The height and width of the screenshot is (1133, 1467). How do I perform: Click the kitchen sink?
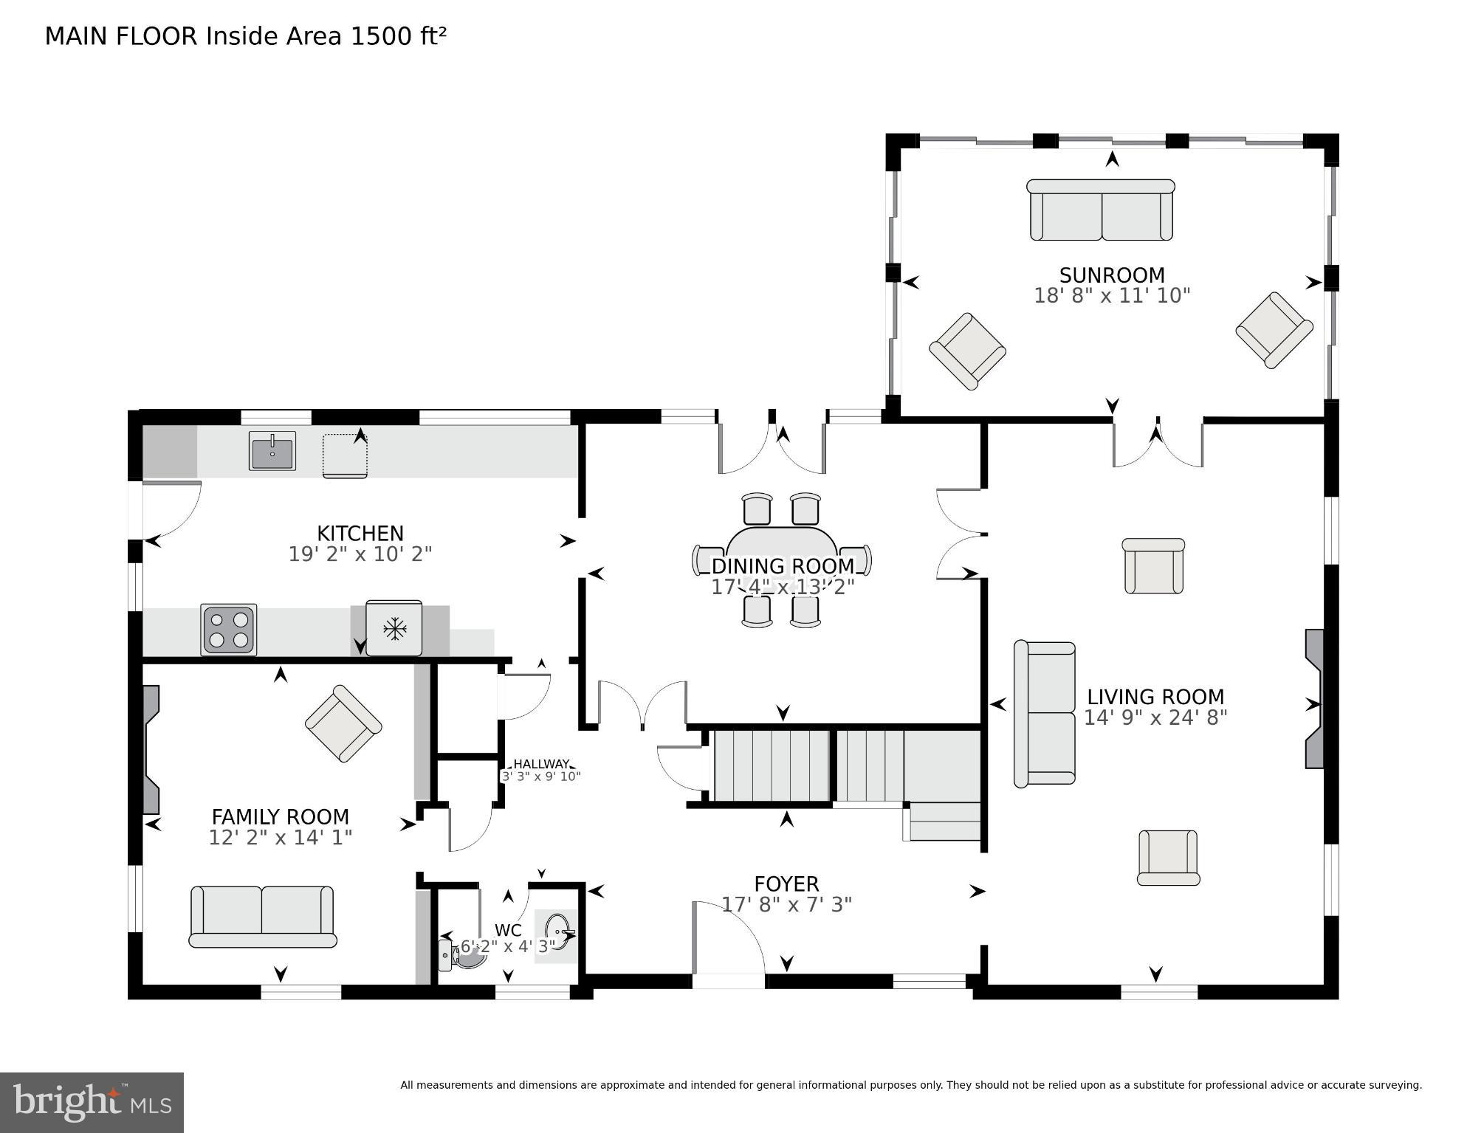[x=272, y=451]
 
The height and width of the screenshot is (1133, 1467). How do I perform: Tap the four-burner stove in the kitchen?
[x=229, y=630]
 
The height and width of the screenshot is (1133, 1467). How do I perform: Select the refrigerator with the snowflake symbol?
[x=394, y=629]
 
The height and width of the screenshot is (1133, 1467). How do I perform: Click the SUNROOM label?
[x=1111, y=275]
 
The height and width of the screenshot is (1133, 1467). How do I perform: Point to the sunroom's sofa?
[x=1101, y=210]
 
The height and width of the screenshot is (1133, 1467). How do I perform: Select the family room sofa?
[x=262, y=916]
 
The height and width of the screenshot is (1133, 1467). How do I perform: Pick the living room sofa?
[x=1045, y=714]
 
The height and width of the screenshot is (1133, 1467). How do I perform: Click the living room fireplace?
[x=1314, y=698]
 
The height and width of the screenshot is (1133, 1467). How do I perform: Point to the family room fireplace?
[x=151, y=748]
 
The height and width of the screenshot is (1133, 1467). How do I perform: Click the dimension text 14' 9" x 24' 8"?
[x=1155, y=717]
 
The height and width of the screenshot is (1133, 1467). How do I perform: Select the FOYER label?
[x=786, y=884]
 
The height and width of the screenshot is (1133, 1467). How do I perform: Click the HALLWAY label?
[x=541, y=764]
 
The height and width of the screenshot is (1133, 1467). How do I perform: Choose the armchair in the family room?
[x=343, y=723]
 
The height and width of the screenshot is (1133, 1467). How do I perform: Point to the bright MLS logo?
[x=92, y=1102]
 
